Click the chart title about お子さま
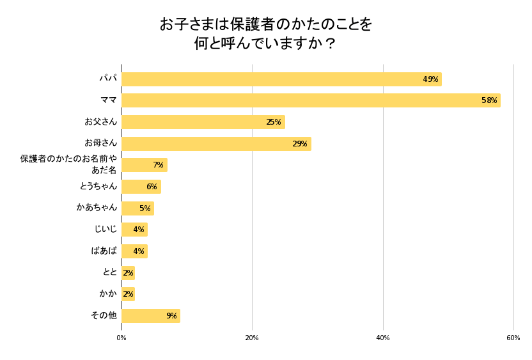point(265,34)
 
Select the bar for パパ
point(281,79)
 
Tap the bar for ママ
point(311,100)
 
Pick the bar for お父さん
point(203,122)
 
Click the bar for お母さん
point(216,144)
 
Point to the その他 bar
point(150,316)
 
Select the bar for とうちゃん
point(141,187)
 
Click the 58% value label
point(489,100)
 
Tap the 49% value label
point(430,79)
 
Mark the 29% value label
point(300,144)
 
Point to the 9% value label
point(171,316)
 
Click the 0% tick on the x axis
point(121,338)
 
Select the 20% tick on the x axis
point(252,338)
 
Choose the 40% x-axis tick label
point(383,338)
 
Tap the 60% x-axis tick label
point(513,338)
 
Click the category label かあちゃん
point(97,207)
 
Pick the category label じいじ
point(106,229)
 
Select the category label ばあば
point(104,251)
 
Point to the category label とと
point(110,272)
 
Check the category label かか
point(108,293)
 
